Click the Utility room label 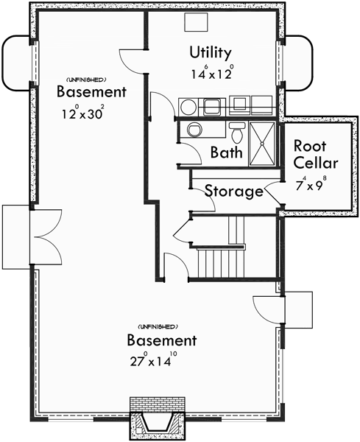click(211, 53)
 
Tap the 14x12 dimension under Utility click(211, 73)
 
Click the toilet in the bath click(237, 133)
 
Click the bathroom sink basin click(195, 131)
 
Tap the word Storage click(233, 192)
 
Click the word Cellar click(316, 163)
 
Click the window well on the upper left click(17, 63)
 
